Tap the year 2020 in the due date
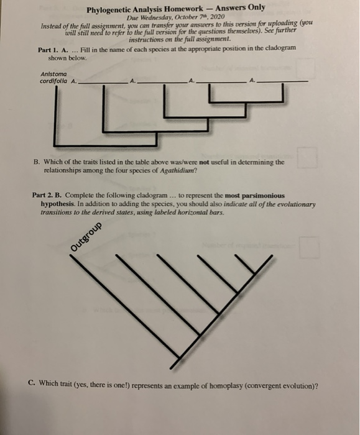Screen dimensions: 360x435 click(x=218, y=17)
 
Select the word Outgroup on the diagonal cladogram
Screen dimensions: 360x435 click(x=86, y=237)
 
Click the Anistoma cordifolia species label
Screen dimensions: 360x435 click(x=53, y=78)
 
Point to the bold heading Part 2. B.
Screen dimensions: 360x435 click(x=47, y=195)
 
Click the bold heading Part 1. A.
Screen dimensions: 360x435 click(x=53, y=50)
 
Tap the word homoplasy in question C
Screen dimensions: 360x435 click(x=226, y=386)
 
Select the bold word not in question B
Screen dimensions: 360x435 click(x=204, y=162)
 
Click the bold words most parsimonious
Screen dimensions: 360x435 click(x=254, y=196)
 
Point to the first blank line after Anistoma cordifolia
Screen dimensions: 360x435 click(x=103, y=83)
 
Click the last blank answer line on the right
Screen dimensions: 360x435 click(x=282, y=81)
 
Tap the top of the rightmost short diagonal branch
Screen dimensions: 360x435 click(x=236, y=255)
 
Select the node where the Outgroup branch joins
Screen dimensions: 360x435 click(x=180, y=358)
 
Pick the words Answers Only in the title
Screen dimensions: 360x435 click(x=241, y=7)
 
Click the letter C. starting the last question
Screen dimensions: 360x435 click(x=32, y=383)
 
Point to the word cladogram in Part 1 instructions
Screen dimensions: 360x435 click(x=280, y=48)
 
